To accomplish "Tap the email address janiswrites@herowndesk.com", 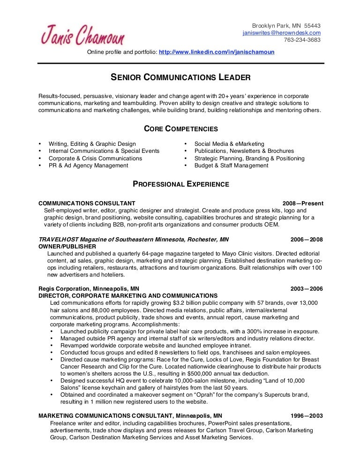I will pos(281,33).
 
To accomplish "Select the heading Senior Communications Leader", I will pos(180,76).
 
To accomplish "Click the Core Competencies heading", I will pos(180,128).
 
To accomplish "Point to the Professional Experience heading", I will pos(180,184).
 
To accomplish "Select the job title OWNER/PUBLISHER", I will pos(67,246).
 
